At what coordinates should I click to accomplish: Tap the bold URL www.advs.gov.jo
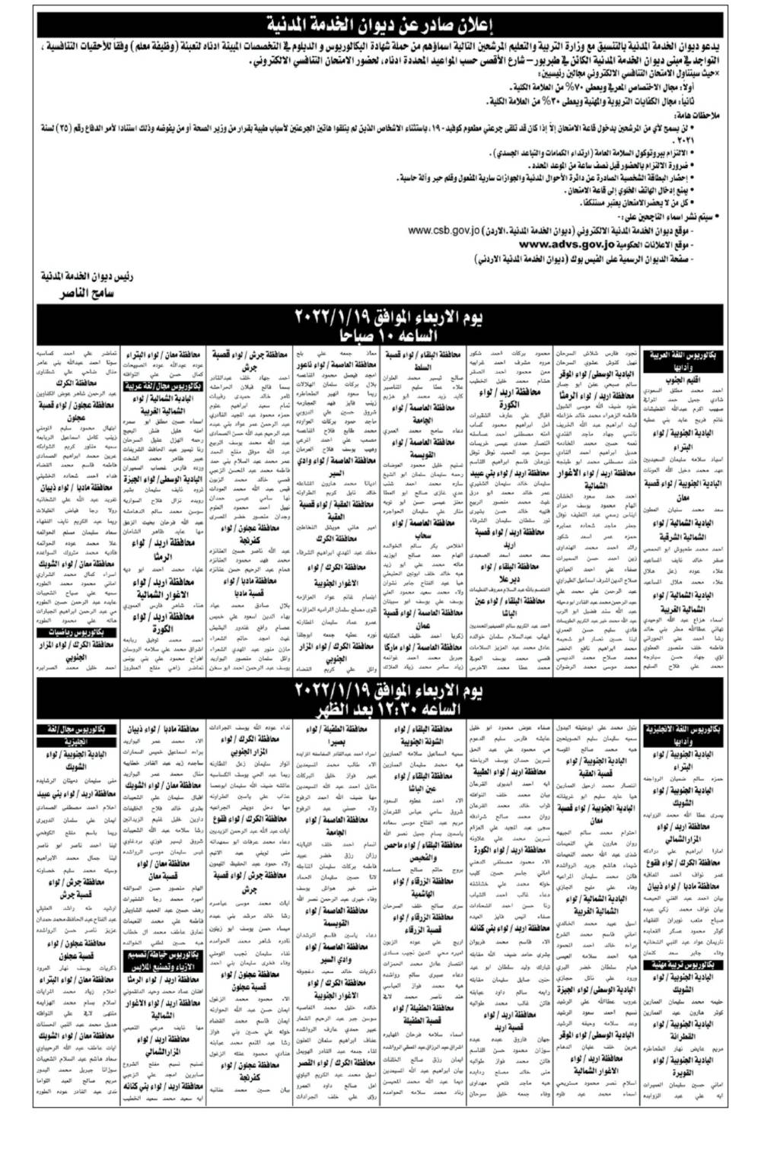point(568,244)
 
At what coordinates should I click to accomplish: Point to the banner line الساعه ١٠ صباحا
point(380,335)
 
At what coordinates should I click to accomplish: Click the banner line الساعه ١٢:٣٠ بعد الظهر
point(380,709)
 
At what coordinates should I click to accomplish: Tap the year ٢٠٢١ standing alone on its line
point(708,141)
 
